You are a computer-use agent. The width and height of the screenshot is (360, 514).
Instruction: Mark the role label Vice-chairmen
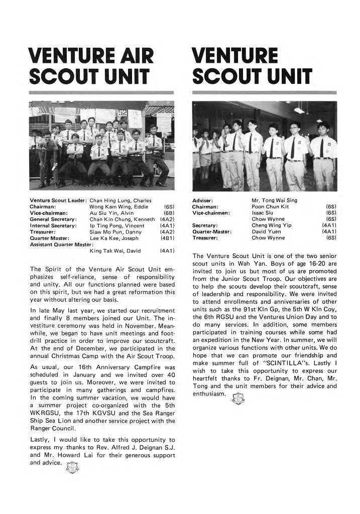pyautogui.click(x=211, y=213)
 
